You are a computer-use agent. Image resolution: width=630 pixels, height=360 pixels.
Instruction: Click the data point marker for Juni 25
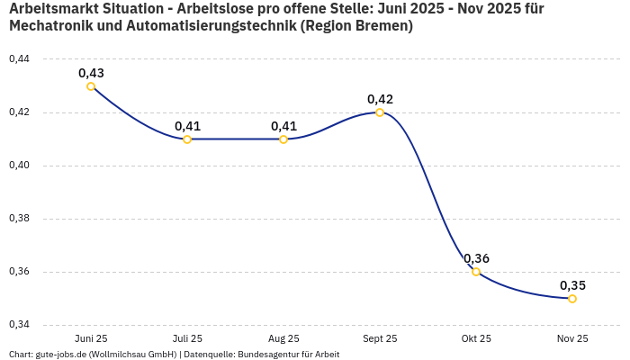91,86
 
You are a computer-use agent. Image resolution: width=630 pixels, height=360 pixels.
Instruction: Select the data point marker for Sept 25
380,112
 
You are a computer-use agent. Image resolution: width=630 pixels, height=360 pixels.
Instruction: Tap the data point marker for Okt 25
476,272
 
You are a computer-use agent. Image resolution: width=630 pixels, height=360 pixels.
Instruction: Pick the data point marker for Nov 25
572,299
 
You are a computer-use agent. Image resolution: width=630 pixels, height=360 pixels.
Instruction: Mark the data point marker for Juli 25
187,139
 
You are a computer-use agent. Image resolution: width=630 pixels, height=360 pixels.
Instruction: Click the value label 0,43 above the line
91,73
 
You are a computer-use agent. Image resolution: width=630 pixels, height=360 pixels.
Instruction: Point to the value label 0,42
380,99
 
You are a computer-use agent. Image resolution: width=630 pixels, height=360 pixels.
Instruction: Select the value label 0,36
476,258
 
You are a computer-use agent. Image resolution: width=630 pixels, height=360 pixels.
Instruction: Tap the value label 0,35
572,285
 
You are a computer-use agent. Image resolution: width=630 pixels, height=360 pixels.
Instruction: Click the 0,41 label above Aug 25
283,126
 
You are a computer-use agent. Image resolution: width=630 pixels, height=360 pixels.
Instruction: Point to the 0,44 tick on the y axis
19,59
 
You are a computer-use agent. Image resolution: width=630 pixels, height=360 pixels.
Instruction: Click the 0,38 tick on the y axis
19,219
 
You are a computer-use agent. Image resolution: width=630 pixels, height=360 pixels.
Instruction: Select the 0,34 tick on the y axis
19,325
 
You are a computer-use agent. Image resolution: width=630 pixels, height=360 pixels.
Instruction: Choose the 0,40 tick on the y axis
19,166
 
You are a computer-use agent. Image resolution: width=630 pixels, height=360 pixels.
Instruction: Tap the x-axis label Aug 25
283,338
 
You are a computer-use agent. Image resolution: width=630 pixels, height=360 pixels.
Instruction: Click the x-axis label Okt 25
476,338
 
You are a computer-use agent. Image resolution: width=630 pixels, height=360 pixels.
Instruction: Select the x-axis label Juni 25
91,338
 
